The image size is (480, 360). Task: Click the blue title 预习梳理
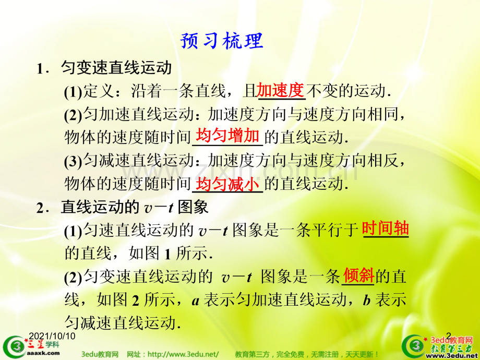pos(222,40)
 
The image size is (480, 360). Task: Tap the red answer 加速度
pos(280,90)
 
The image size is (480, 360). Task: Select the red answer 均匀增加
pos(227,136)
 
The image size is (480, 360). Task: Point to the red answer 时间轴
pos(385,229)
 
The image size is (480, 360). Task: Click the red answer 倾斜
pos(358,275)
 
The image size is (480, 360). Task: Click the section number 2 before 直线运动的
pos(40,208)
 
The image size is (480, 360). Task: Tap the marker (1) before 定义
pos(74,92)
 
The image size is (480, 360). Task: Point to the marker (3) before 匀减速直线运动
pos(74,161)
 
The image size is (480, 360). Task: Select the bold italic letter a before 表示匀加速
pos(196,299)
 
